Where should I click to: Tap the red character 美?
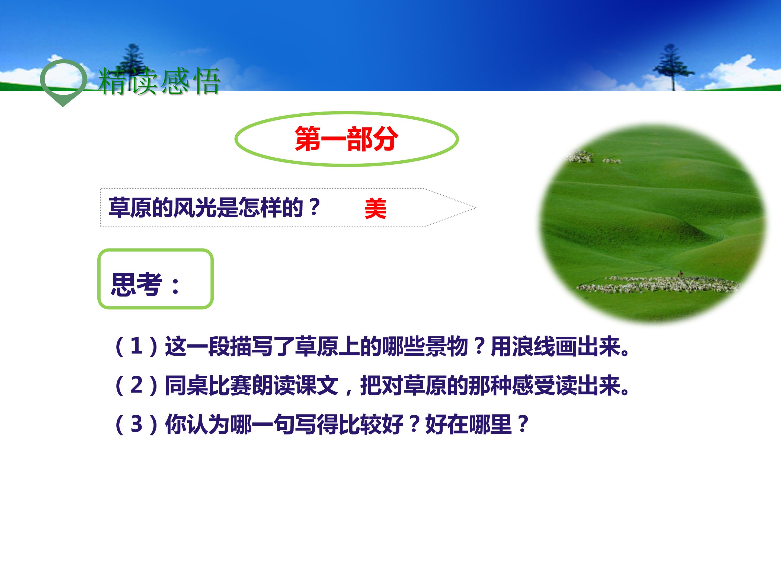click(375, 208)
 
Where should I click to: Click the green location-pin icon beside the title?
click(63, 81)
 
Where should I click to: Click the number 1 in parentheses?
click(136, 346)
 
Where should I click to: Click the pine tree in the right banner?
click(673, 67)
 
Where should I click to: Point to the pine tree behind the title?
click(132, 62)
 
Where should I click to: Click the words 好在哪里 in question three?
click(468, 424)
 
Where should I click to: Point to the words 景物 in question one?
click(447, 346)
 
